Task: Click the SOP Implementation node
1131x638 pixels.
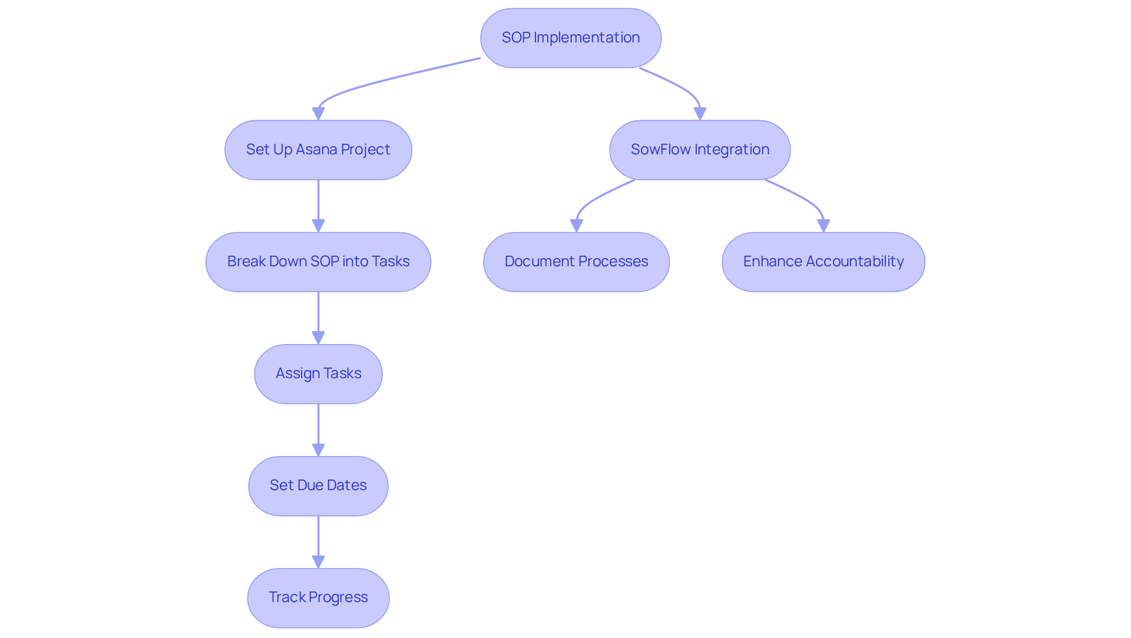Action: [570, 38]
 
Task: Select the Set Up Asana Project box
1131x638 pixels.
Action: [318, 150]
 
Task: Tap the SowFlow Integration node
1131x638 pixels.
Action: [699, 150]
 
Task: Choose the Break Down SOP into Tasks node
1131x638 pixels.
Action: [318, 262]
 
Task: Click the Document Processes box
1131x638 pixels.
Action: [576, 262]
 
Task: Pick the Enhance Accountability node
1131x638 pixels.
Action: [823, 262]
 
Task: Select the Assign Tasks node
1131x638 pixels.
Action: [318, 373]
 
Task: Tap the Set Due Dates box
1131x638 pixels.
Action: [318, 485]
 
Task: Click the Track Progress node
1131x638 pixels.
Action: [318, 597]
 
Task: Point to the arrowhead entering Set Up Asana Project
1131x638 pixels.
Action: [318, 114]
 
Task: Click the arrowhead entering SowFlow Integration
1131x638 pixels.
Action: [700, 114]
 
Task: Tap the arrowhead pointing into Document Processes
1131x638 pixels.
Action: [576, 226]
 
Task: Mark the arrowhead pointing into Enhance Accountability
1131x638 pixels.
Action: [824, 226]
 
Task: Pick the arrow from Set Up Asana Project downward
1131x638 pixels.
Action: [318, 203]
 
